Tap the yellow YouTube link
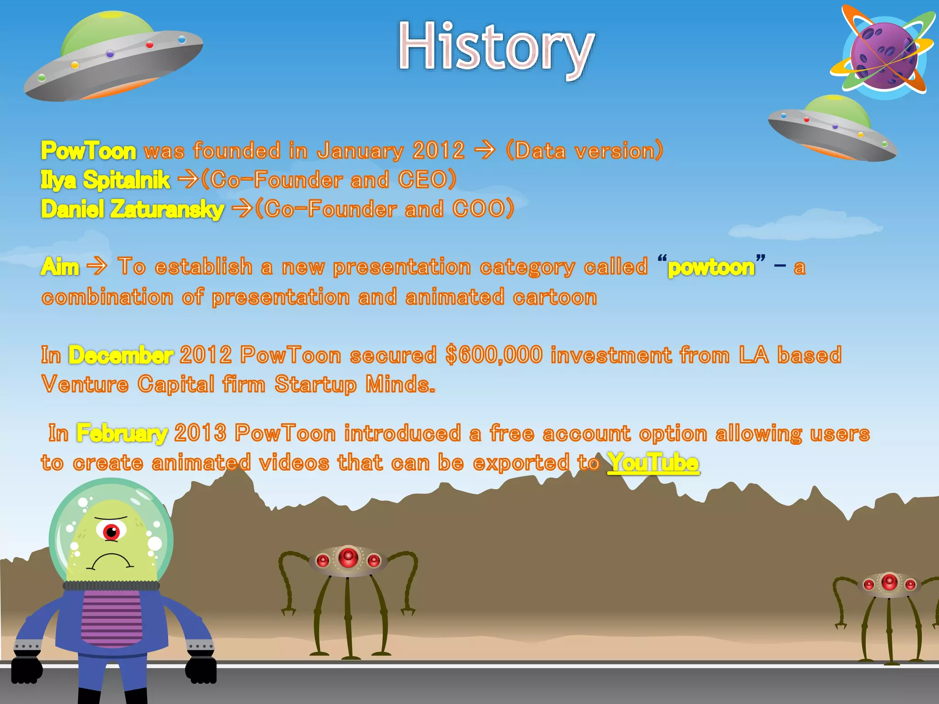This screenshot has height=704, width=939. click(x=653, y=462)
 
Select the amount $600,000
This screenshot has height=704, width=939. click(x=494, y=355)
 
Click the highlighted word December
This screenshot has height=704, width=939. click(x=121, y=355)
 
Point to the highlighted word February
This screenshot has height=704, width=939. click(x=122, y=433)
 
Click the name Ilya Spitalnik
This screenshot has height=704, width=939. click(x=105, y=180)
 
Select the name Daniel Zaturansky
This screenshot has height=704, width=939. click(x=133, y=209)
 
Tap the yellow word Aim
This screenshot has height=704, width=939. click(x=60, y=267)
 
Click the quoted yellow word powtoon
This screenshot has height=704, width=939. click(x=711, y=267)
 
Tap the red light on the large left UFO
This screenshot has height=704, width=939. click(x=149, y=45)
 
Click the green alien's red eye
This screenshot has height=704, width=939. click(x=111, y=532)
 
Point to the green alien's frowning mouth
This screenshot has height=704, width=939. click(x=110, y=561)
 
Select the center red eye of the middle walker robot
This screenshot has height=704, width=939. click(x=348, y=558)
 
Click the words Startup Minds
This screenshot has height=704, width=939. click(x=354, y=384)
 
